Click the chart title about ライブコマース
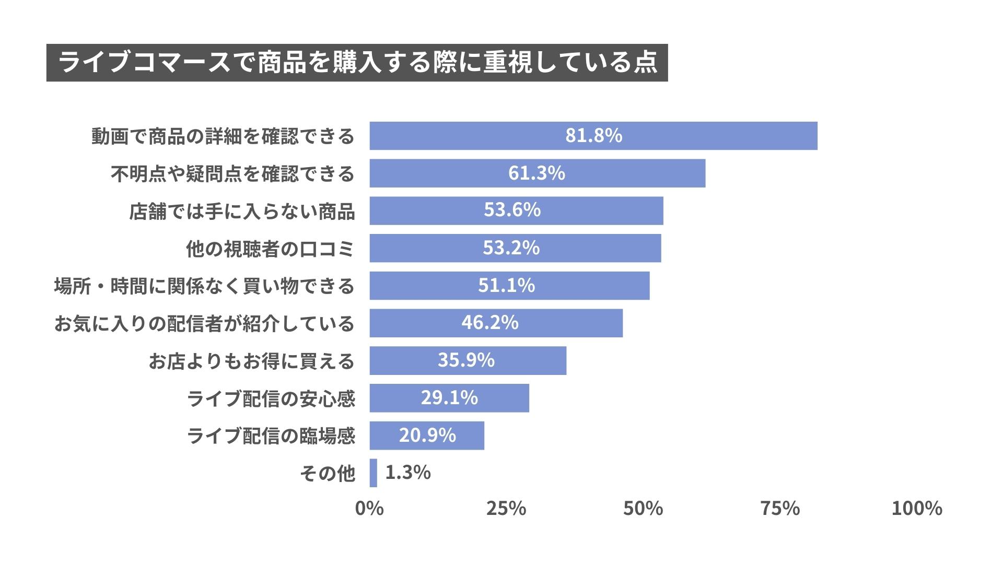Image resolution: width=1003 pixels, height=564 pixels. tap(357, 63)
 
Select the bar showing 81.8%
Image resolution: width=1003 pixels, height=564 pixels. tap(593, 136)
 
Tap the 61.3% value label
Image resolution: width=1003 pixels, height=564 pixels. tap(537, 173)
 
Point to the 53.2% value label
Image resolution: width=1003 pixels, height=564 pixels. tap(511, 248)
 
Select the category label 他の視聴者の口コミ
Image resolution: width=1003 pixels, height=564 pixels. tap(270, 249)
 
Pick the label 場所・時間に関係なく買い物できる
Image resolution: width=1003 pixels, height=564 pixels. tap(204, 287)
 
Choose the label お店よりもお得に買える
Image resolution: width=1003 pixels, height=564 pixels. tap(251, 361)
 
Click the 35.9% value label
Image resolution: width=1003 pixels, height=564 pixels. tap(466, 360)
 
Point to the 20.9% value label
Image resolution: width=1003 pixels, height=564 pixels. tap(427, 435)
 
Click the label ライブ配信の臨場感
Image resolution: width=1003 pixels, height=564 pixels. tap(271, 436)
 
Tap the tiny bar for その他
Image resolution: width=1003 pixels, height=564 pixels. tap(373, 473)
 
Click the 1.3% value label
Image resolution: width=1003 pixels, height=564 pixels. tap(407, 473)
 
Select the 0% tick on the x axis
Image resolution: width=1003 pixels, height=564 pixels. tap(369, 508)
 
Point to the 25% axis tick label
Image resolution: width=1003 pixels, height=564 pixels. tap(506, 508)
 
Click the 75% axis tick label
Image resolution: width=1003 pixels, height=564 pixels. tap(779, 508)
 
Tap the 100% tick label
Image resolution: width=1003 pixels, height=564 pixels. tap(916, 508)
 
